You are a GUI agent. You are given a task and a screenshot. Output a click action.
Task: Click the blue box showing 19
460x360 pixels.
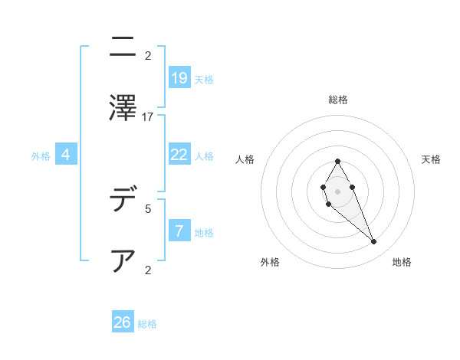click(179, 77)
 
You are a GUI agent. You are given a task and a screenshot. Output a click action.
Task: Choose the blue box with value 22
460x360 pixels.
click(179, 154)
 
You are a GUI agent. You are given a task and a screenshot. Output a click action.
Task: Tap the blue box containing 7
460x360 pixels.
click(179, 231)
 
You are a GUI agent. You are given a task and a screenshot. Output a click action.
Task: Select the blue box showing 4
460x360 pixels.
click(66, 155)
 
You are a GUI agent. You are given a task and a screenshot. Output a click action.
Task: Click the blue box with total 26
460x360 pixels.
click(123, 322)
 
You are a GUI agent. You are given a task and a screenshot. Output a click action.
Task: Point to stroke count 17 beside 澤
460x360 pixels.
click(148, 116)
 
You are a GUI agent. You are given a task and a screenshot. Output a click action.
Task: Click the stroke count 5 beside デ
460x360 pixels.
click(148, 208)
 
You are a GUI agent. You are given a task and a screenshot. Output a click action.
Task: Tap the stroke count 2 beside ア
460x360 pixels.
click(148, 269)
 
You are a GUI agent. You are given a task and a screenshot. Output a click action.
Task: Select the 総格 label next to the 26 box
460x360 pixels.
click(147, 324)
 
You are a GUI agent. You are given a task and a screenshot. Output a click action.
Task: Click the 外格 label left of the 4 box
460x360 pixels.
click(41, 155)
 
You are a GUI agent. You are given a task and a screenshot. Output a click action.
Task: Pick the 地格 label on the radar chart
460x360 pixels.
click(402, 262)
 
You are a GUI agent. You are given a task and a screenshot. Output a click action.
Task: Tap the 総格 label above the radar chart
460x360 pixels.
click(338, 100)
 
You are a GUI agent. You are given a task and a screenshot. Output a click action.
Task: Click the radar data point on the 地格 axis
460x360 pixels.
click(373, 241)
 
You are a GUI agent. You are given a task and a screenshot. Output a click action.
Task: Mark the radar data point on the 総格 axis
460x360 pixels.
click(337, 162)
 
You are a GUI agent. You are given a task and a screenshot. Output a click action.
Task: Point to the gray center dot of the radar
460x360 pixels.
click(337, 190)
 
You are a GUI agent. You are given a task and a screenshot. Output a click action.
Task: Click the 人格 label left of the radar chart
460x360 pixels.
click(245, 159)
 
